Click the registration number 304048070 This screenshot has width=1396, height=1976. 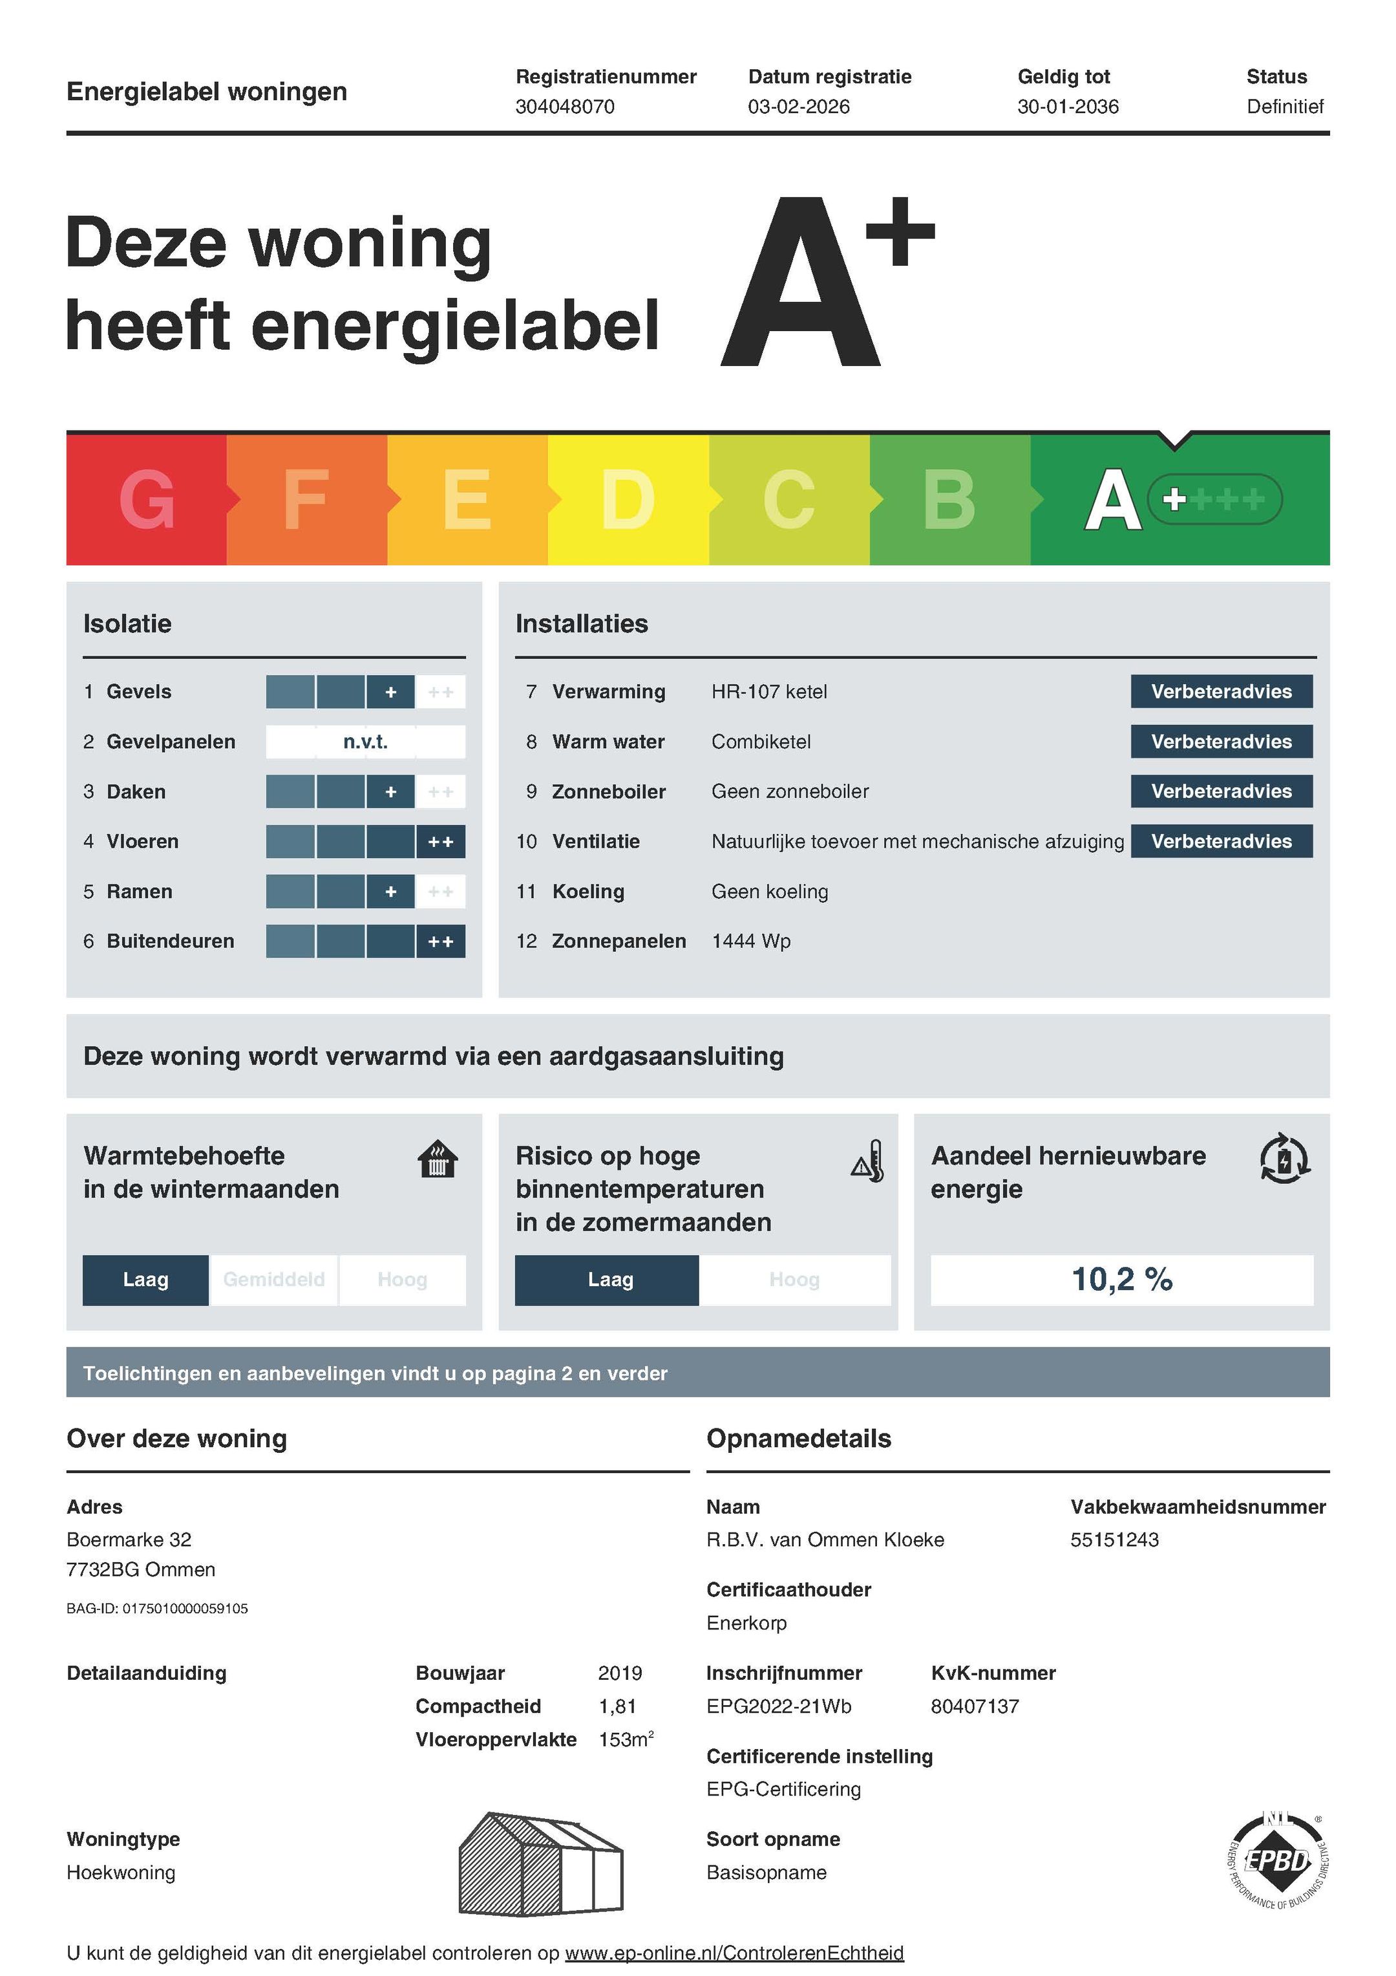564,107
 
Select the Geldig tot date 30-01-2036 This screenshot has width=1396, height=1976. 1068,107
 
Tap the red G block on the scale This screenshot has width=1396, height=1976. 146,500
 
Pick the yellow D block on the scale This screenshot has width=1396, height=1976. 628,500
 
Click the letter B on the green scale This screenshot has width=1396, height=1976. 949,500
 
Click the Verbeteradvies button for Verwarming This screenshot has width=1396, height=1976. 1221,692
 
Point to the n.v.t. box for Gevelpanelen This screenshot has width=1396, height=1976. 366,742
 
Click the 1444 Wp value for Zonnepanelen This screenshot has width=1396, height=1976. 751,941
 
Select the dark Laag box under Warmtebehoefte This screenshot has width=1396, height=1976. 145,1280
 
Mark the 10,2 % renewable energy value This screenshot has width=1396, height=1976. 1121,1280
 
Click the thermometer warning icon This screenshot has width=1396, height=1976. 868,1162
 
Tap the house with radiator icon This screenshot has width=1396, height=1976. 437,1159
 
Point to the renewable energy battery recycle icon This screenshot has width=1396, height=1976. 1284,1159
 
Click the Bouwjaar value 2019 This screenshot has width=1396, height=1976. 620,1673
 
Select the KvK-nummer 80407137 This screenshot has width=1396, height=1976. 975,1706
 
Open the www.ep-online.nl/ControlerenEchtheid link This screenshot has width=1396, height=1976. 734,1953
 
